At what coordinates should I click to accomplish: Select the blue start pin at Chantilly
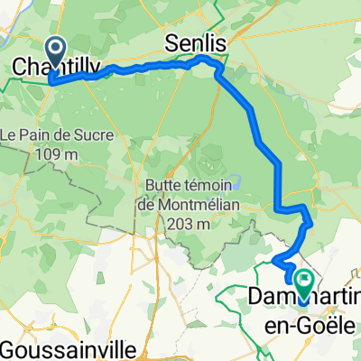[55, 52]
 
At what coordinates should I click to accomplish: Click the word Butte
[164, 186]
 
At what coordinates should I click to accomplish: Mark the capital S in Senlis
[172, 42]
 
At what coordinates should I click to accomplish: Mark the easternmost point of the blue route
[311, 220]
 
